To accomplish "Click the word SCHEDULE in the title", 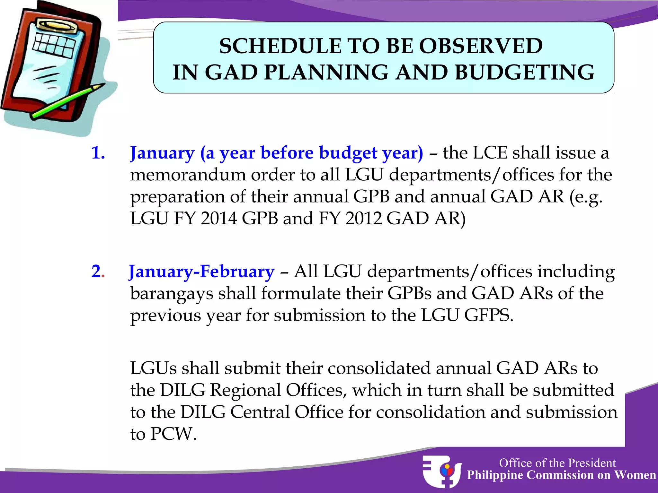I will pos(280,46).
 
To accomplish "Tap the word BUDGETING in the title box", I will pos(524,72).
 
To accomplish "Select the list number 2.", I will pos(97,271).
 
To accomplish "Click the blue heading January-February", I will pos(202,272).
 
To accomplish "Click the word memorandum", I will pos(188,175).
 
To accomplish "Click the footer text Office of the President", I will pos(557,463).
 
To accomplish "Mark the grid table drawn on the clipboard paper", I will pos(54,45).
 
